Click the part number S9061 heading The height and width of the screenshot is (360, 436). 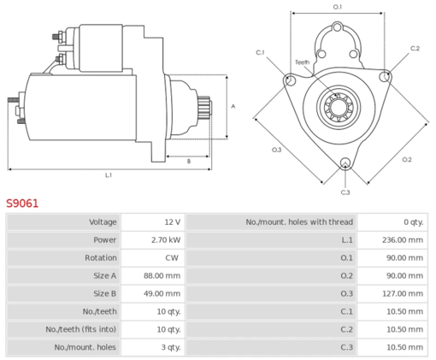click(x=22, y=204)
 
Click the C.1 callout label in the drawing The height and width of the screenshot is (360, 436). click(x=261, y=53)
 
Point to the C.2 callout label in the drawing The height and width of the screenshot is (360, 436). click(x=415, y=49)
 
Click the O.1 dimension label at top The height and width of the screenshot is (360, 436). click(x=337, y=7)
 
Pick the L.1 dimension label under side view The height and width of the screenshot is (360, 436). click(x=109, y=175)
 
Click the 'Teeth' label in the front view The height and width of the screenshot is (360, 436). click(x=302, y=62)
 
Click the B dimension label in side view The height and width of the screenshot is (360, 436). click(x=188, y=160)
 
